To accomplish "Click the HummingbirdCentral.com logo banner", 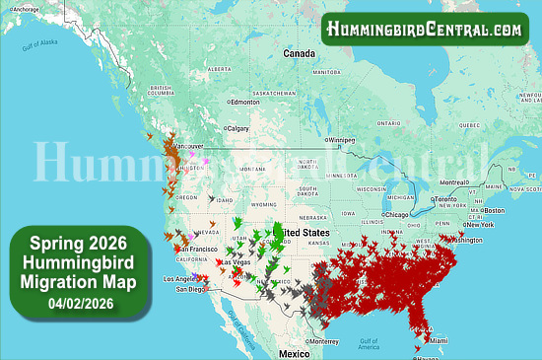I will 425,30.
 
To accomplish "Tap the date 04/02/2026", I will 76,302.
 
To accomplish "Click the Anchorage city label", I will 28,9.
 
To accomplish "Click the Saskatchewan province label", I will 274,93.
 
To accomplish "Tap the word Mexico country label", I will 294,352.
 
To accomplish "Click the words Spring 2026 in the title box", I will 76,243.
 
